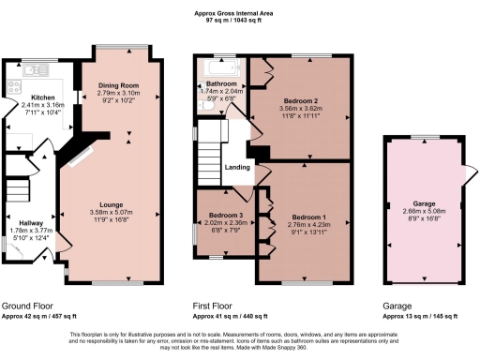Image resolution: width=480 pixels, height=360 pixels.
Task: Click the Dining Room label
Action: tap(118, 86)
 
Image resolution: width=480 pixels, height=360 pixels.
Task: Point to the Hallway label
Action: tap(20, 221)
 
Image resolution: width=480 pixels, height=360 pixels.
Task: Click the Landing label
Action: tap(236, 168)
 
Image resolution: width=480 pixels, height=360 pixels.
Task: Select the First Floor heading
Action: tap(212, 307)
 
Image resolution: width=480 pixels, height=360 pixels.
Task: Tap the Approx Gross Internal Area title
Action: tap(239, 12)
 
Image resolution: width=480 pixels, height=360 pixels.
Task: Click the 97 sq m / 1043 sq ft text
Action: tap(239, 20)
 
